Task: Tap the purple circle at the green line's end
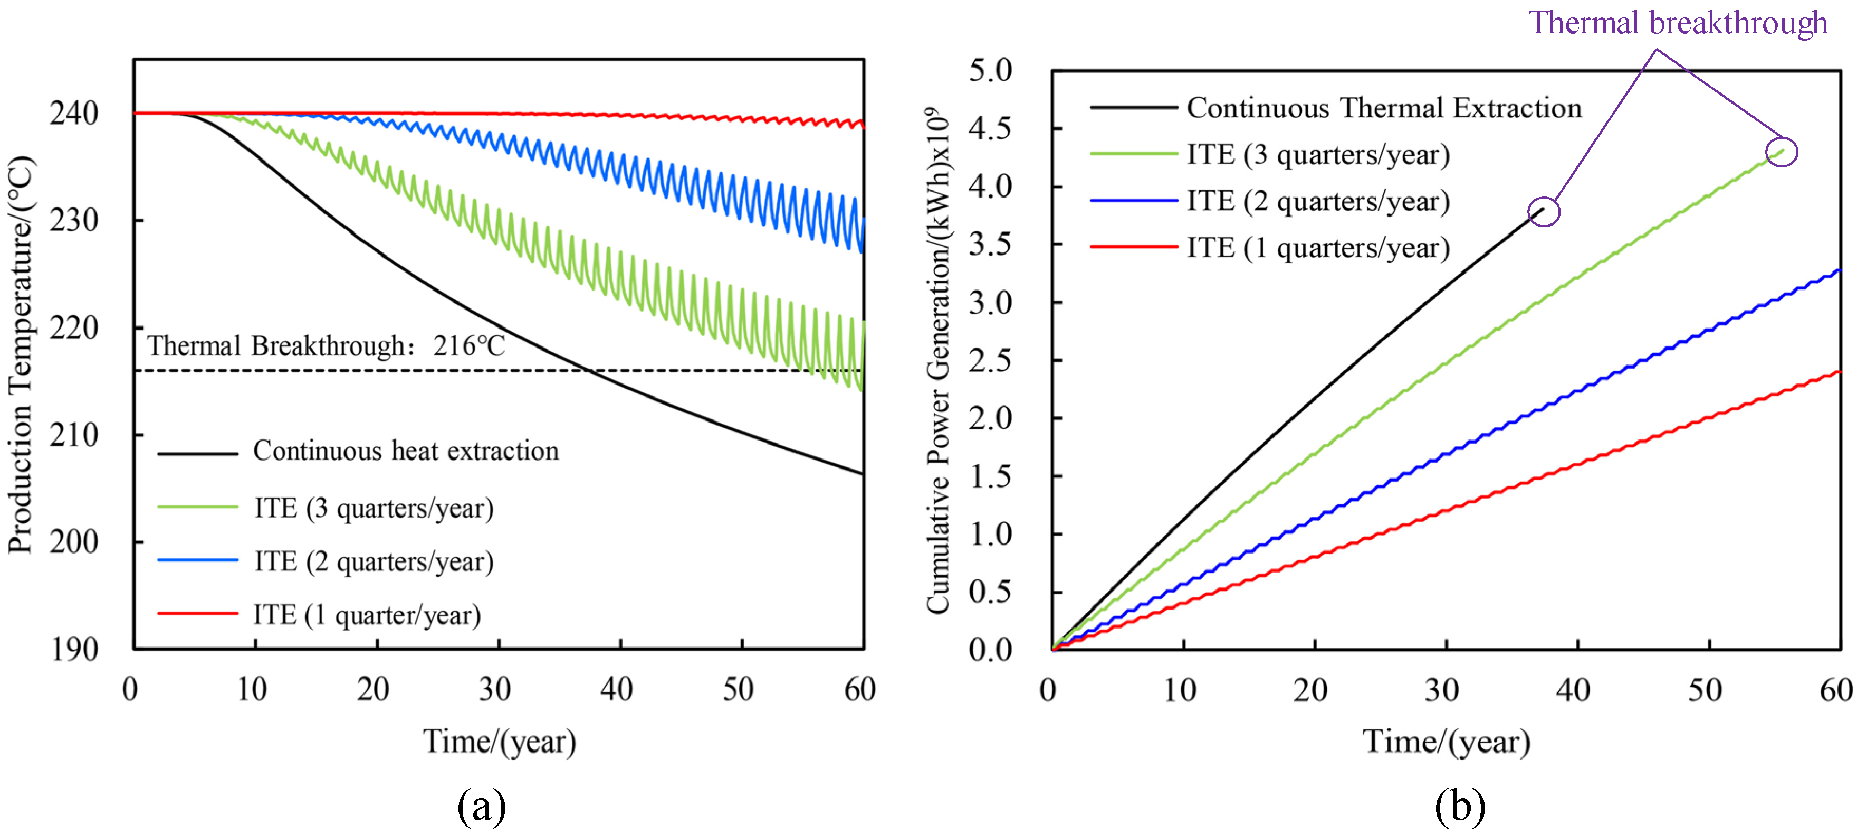(1782, 152)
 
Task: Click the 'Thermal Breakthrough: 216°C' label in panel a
(326, 346)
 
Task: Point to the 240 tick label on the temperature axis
(73, 113)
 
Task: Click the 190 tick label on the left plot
(73, 649)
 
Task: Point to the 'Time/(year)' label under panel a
(499, 741)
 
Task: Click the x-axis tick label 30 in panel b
(1442, 690)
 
